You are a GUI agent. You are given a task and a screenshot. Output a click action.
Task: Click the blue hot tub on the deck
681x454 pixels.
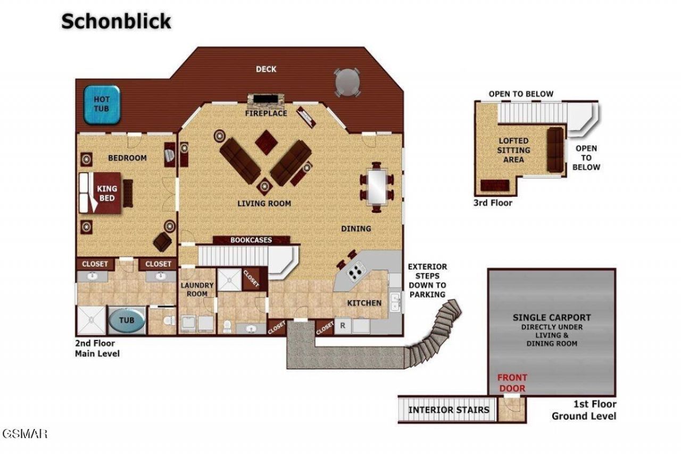(102, 105)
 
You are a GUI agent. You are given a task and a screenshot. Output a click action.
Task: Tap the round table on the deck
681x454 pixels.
(347, 82)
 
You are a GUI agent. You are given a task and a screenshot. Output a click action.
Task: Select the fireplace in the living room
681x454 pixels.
(265, 103)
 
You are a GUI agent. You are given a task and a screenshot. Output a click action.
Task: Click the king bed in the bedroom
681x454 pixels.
(101, 193)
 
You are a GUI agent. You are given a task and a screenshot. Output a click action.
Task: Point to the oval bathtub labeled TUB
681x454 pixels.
(127, 320)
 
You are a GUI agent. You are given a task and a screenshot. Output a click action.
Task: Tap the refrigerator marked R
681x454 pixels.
(343, 326)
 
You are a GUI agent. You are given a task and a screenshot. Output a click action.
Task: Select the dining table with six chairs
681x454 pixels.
(377, 187)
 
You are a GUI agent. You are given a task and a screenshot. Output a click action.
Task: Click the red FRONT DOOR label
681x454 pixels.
(512, 383)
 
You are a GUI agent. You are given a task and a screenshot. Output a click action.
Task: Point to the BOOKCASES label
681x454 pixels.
(251, 240)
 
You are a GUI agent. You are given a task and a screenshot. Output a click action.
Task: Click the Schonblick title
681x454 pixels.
(116, 21)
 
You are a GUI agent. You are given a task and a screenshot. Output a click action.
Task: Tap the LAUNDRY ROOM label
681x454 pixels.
(197, 290)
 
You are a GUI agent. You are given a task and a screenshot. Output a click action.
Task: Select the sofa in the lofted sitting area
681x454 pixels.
(555, 150)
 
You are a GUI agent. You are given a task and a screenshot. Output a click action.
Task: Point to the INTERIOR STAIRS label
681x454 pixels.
(449, 410)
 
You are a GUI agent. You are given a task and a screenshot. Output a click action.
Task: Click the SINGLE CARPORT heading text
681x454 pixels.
(552, 318)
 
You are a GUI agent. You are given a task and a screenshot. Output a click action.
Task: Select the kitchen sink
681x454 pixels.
(395, 302)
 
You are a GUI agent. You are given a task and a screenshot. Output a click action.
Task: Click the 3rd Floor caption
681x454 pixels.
(493, 203)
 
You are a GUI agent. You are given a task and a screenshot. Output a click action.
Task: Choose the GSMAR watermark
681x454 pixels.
(24, 434)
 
